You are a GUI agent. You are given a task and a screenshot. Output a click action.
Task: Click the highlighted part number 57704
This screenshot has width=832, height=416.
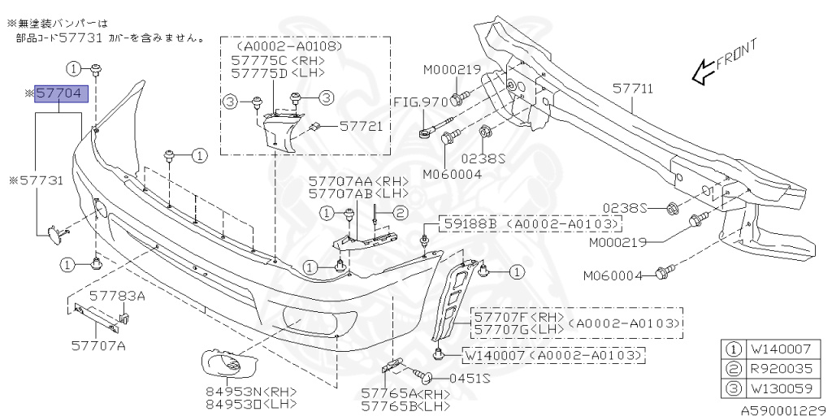[x=58, y=94]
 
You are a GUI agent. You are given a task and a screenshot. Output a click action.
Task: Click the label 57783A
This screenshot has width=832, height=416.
[x=117, y=296]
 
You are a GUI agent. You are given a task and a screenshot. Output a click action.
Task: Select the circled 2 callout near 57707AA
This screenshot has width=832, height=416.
[x=400, y=214]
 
